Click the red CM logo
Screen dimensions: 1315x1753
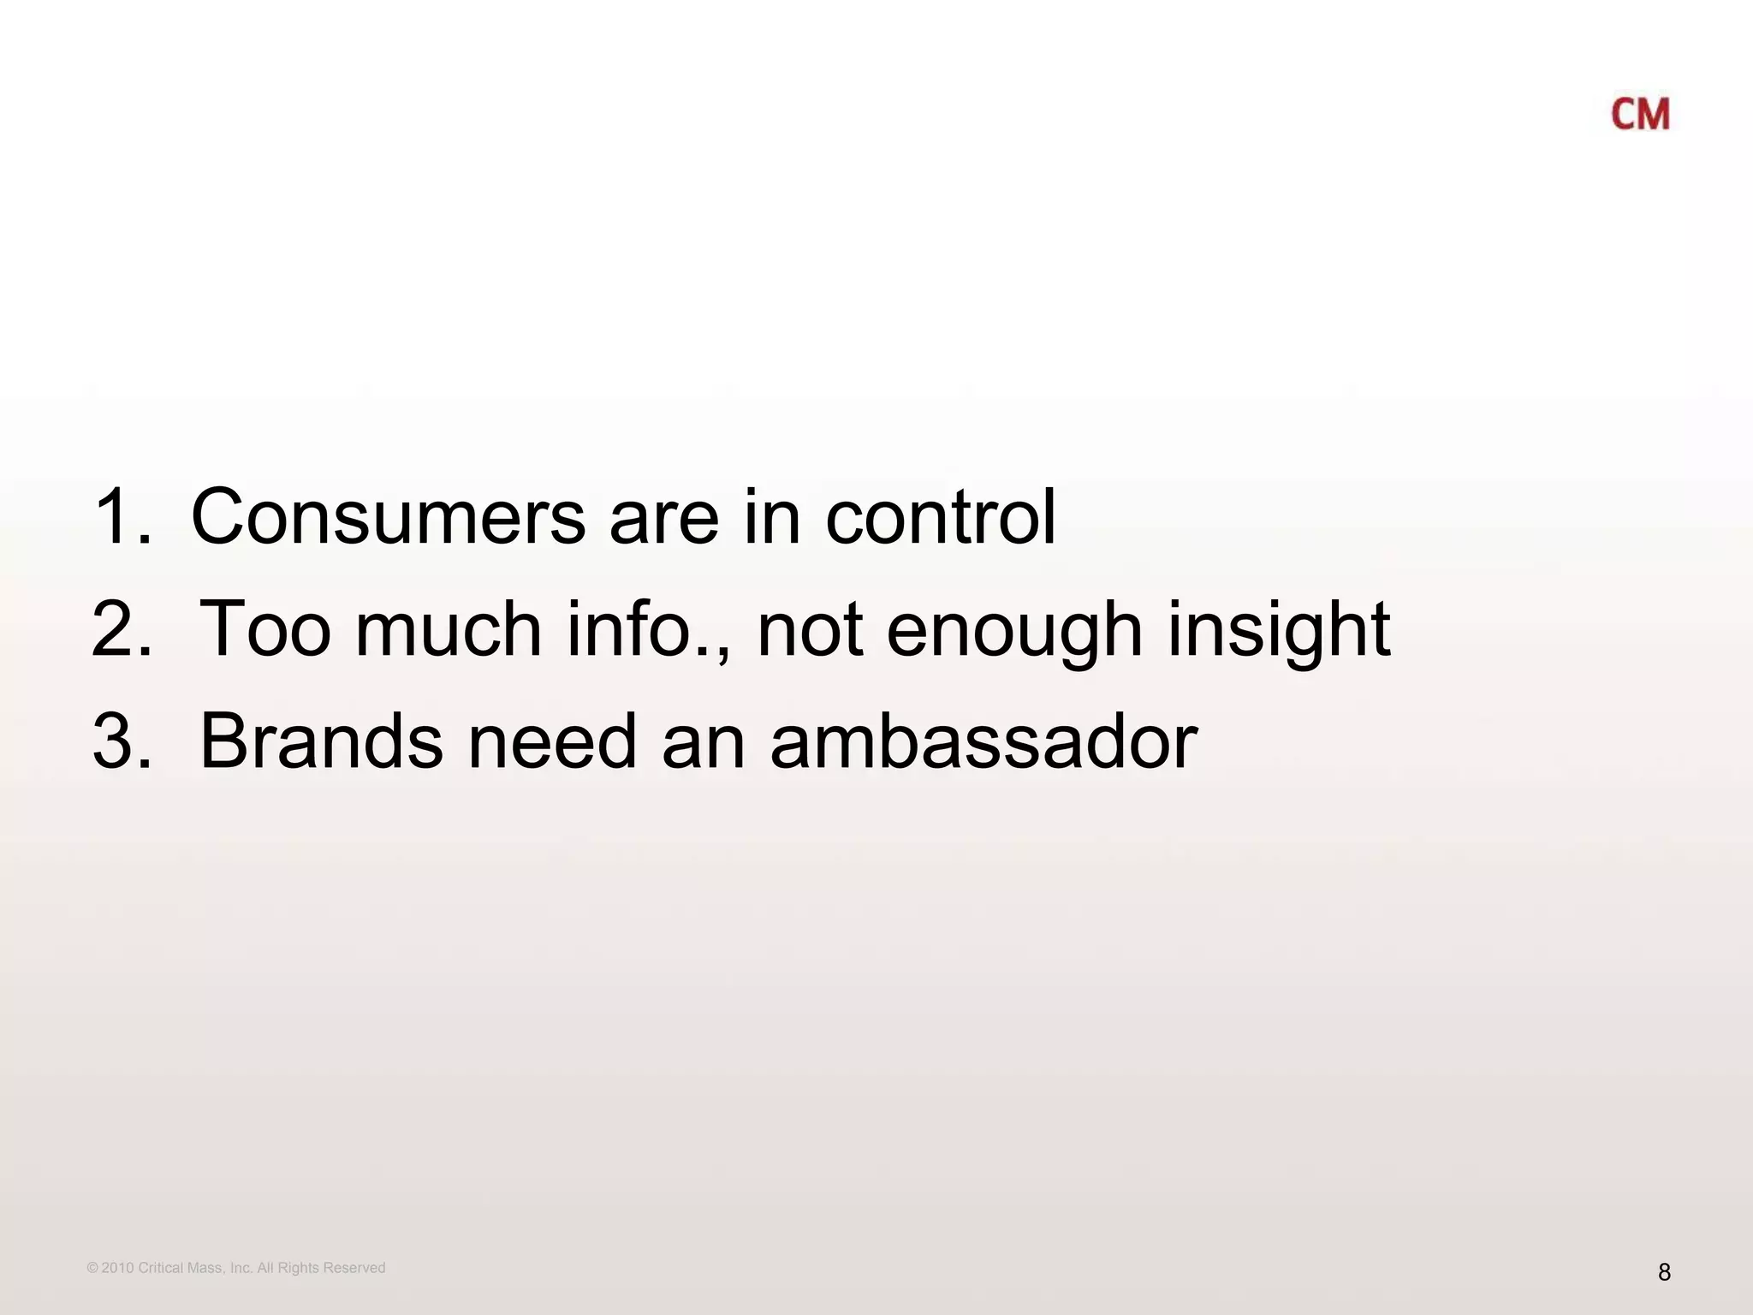pos(1640,115)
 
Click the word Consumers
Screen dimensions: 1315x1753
pos(388,516)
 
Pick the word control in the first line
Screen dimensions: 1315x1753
pos(941,516)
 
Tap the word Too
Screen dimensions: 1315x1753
pos(264,629)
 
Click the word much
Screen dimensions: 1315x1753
pos(449,629)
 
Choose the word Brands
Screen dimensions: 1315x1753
pos(322,741)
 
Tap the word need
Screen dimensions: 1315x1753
pos(552,741)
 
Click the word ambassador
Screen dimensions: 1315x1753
pos(983,741)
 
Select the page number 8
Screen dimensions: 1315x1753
pos(1664,1272)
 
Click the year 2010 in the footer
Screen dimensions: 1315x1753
pos(117,1268)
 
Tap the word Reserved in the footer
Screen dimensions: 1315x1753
pos(354,1268)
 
